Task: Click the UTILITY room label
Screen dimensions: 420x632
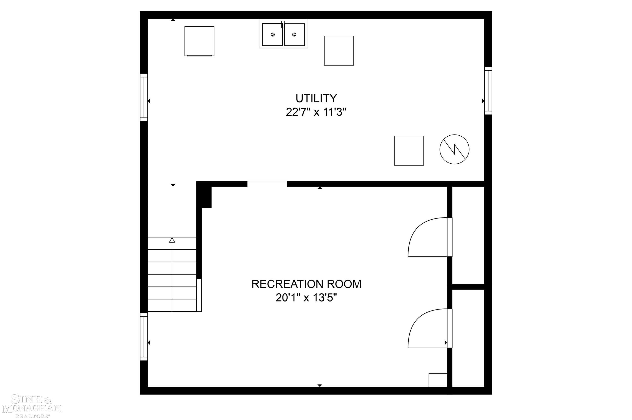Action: pyautogui.click(x=316, y=99)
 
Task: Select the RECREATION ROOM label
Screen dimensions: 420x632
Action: pyautogui.click(x=306, y=284)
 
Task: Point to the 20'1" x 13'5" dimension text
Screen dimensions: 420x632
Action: pyautogui.click(x=306, y=298)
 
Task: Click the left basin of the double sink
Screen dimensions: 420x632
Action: pyautogui.click(x=272, y=35)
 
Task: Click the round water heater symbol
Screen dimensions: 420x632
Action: pyautogui.click(x=454, y=149)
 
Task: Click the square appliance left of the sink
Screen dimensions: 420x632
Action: pyautogui.click(x=199, y=41)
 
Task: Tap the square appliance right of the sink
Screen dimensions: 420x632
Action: pyautogui.click(x=339, y=50)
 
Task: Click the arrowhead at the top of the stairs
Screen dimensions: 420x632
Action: pyautogui.click(x=172, y=240)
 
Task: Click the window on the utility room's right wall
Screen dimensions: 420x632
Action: pyautogui.click(x=488, y=91)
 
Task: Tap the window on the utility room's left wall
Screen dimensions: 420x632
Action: pyautogui.click(x=144, y=97)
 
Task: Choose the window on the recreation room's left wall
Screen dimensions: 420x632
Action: pyautogui.click(x=144, y=337)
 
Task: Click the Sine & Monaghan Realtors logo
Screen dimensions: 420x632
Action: pyautogui.click(x=32, y=406)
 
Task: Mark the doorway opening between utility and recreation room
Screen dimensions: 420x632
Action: pyautogui.click(x=267, y=184)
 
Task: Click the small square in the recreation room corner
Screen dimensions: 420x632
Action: pyautogui.click(x=438, y=380)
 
